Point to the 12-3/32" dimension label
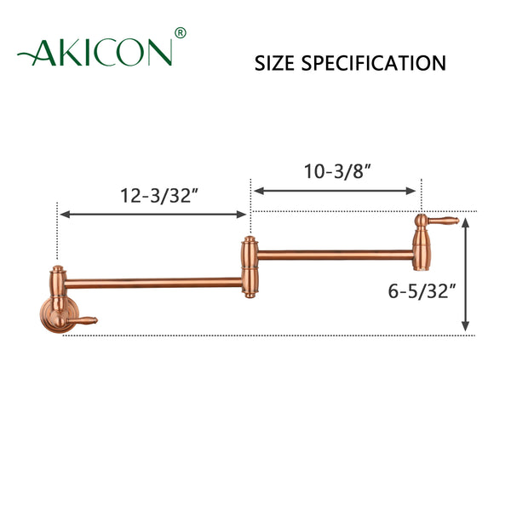(x=158, y=195)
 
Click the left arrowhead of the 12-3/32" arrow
(x=63, y=215)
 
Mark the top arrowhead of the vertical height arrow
(x=465, y=220)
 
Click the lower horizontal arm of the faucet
(x=153, y=281)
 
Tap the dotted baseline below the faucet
(x=255, y=335)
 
